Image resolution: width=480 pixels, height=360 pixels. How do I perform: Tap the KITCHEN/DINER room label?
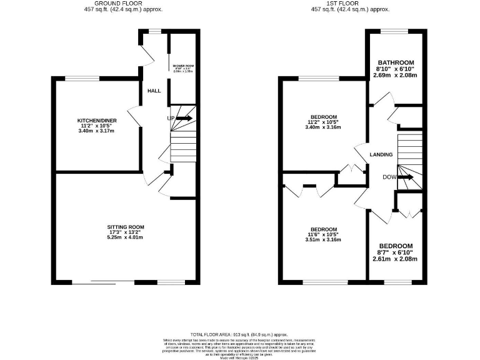point(97,120)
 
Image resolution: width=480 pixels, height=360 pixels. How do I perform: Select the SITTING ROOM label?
point(126,227)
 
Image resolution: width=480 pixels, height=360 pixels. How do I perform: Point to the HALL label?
point(154,91)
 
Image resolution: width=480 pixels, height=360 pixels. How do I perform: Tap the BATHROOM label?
point(395,62)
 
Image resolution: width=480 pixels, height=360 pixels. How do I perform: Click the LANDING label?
point(381,155)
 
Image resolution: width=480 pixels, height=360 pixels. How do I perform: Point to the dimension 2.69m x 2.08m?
point(395,75)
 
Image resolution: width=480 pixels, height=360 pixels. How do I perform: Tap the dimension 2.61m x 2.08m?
point(395,259)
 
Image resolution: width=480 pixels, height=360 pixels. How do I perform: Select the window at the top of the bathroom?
point(395,31)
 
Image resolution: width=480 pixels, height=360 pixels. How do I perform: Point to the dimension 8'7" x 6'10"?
point(395,252)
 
